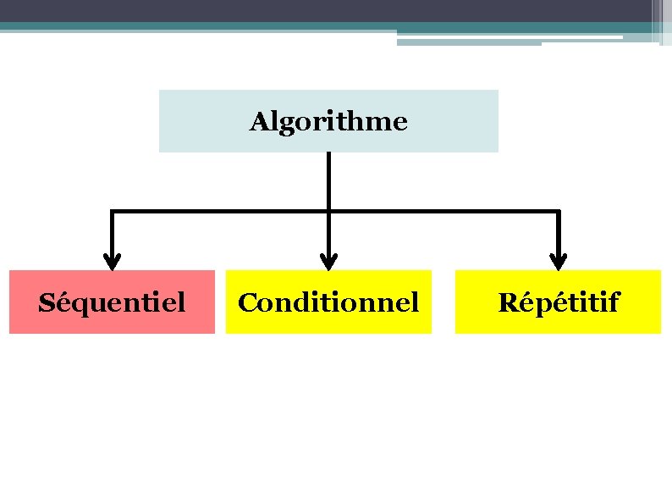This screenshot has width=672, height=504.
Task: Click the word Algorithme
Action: [x=328, y=122]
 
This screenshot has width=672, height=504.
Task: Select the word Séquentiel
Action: [x=112, y=302]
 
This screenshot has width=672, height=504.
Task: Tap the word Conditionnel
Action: [x=328, y=302]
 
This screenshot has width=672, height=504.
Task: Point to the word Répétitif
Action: [x=559, y=302]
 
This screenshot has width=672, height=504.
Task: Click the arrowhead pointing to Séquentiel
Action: [x=112, y=261]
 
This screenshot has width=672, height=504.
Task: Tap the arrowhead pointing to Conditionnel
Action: [x=329, y=261]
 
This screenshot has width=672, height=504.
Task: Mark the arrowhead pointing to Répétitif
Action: [x=558, y=261]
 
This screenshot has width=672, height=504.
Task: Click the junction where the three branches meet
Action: [x=329, y=210]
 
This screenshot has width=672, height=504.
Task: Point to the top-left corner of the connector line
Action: [x=112, y=210]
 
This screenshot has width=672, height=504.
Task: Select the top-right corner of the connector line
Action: [x=558, y=210]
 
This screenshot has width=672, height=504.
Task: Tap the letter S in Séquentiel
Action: [x=46, y=302]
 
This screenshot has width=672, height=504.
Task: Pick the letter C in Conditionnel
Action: [x=246, y=302]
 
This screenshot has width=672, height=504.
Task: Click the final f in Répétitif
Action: [x=614, y=302]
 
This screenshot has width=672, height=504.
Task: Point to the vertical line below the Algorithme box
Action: [x=329, y=180]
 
